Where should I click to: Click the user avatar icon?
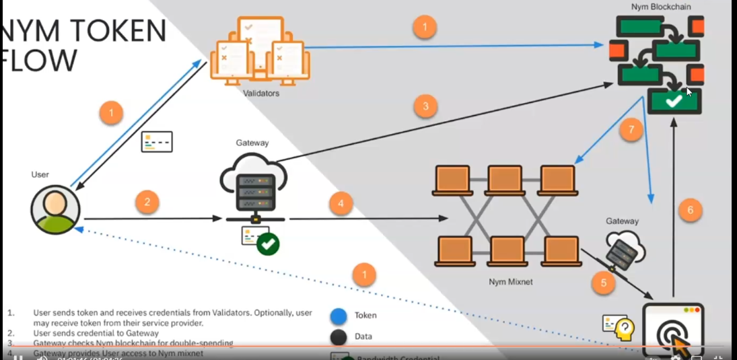pyautogui.click(x=56, y=209)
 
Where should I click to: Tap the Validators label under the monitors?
pyautogui.click(x=261, y=94)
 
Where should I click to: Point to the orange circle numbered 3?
pyautogui.click(x=425, y=105)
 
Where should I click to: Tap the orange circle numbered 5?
pyautogui.click(x=604, y=283)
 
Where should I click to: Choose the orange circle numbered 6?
pyautogui.click(x=690, y=210)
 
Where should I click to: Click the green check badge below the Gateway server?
pyautogui.click(x=269, y=244)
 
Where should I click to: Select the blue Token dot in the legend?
pyautogui.click(x=339, y=316)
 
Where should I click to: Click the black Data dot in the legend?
pyautogui.click(x=339, y=336)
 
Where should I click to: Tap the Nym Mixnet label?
pyautogui.click(x=510, y=281)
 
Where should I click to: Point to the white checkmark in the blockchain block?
pyautogui.click(x=674, y=101)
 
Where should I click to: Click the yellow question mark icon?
pyautogui.click(x=624, y=327)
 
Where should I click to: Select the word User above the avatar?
pyautogui.click(x=40, y=174)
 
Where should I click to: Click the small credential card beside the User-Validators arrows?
pyautogui.click(x=156, y=141)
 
